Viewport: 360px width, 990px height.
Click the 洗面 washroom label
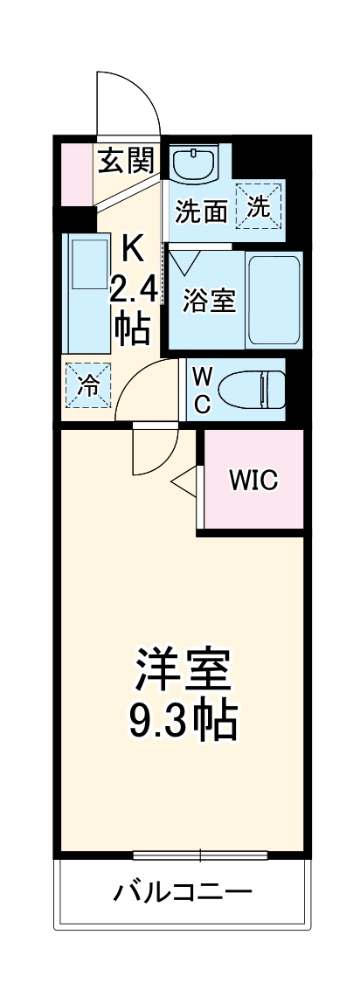[x=201, y=211]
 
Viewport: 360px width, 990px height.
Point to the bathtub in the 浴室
[x=273, y=299]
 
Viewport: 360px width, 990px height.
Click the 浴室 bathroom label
[x=208, y=301]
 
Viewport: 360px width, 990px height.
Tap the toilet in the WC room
[x=251, y=389]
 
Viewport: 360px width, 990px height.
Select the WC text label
[x=201, y=390]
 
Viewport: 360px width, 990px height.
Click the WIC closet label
[x=253, y=480]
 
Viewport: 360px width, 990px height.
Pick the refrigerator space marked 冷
[x=88, y=384]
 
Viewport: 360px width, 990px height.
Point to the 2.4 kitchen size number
[x=134, y=287]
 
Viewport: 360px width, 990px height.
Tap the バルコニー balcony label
[x=183, y=892]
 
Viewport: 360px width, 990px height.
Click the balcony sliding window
[x=200, y=854]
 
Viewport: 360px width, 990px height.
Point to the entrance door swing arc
[x=131, y=96]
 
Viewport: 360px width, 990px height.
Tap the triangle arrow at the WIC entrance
[x=184, y=480]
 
